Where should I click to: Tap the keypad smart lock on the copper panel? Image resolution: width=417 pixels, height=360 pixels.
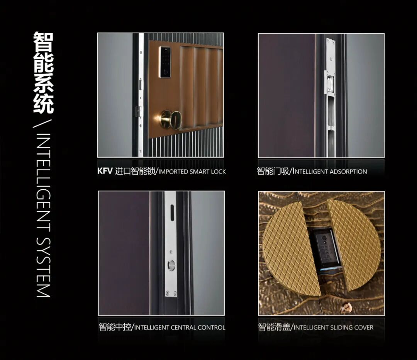pyautogui.click(x=165, y=62)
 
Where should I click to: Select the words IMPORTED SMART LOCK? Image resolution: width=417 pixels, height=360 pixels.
pyautogui.click(x=192, y=172)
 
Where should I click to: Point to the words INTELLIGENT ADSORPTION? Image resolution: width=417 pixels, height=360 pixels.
pyautogui.click(x=330, y=172)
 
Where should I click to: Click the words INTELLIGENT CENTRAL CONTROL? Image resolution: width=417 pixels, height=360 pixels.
pyautogui.click(x=180, y=327)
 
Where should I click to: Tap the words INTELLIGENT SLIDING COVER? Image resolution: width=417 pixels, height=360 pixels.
pyautogui.click(x=334, y=327)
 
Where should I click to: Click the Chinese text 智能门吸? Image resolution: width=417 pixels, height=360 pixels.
pyautogui.click(x=273, y=171)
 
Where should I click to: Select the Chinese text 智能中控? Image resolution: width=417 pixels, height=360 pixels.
pyautogui.click(x=115, y=327)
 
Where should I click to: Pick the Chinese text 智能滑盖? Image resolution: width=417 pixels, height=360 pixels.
pyautogui.click(x=274, y=327)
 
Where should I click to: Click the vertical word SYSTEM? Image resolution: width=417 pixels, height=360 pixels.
pyautogui.click(x=43, y=267)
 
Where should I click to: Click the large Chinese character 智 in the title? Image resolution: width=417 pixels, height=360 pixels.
pyautogui.click(x=43, y=42)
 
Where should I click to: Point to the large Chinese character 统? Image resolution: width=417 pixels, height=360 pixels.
pyautogui.click(x=43, y=104)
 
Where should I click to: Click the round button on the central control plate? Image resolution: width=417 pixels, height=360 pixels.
pyautogui.click(x=171, y=265)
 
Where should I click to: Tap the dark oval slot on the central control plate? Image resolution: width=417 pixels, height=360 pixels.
pyautogui.click(x=172, y=212)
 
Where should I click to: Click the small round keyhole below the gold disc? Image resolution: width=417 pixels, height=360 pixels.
pyautogui.click(x=346, y=308)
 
